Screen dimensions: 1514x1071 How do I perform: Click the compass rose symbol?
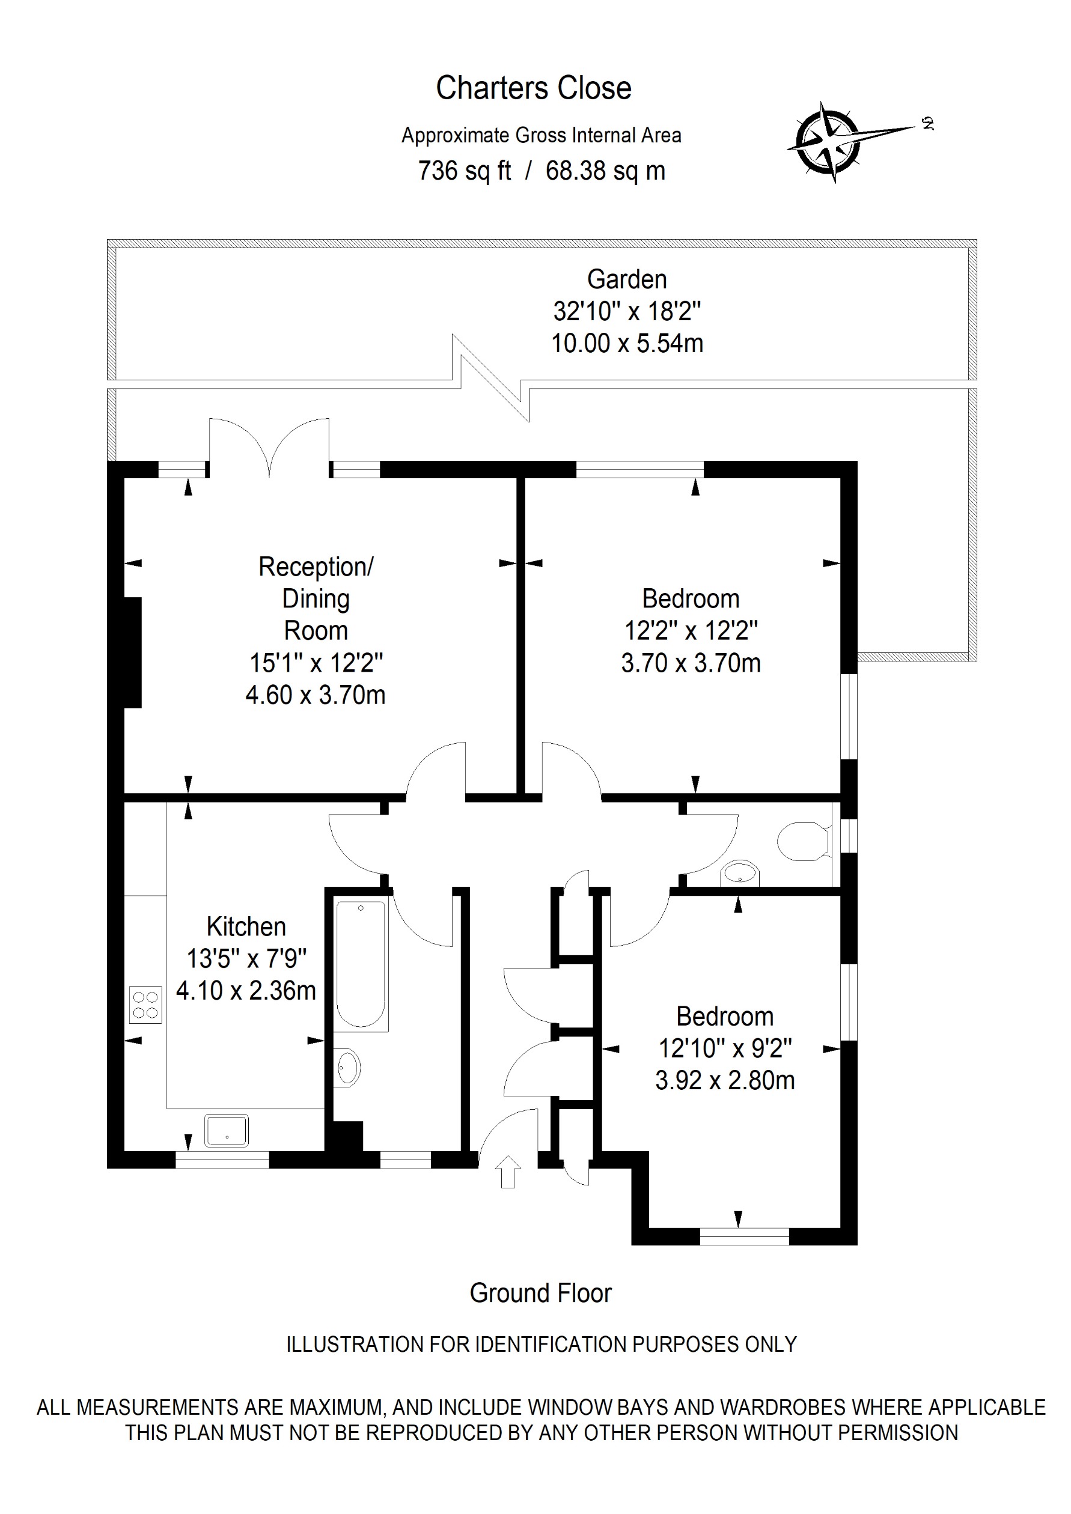coord(828,142)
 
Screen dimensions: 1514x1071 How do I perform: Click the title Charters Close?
coord(534,88)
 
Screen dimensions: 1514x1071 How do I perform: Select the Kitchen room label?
coord(246,926)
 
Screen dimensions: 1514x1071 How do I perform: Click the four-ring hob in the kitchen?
coord(145,1005)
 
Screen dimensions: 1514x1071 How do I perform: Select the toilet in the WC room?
coord(802,841)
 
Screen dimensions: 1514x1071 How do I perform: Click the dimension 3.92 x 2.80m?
coord(725,1080)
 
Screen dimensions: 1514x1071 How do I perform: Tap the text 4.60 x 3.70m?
coord(316,695)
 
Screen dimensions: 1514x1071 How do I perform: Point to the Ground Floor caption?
coord(540,1294)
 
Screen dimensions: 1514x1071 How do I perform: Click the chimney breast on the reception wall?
coord(133,653)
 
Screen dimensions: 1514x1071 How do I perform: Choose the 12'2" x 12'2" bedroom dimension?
coord(691,631)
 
